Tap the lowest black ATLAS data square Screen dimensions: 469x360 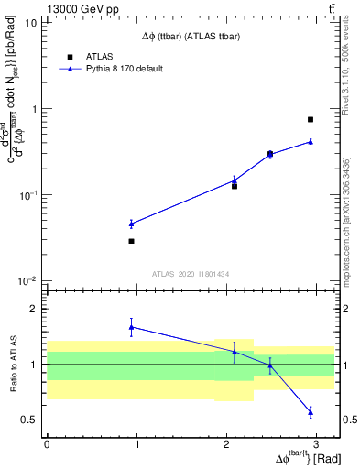click(x=132, y=241)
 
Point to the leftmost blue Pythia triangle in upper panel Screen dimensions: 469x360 click(x=132, y=224)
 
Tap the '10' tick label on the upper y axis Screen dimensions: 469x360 click(x=30, y=22)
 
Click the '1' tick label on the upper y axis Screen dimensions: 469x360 click(x=33, y=108)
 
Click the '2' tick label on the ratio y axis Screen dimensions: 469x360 click(x=33, y=309)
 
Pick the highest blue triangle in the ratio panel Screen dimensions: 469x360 click(x=132, y=326)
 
